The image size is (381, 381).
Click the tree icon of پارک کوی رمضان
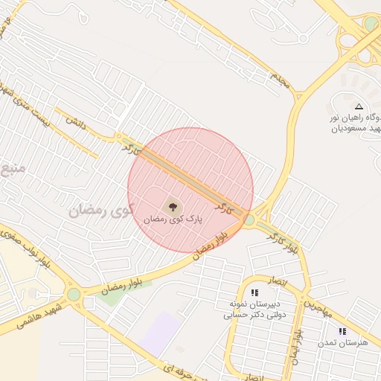click(173, 207)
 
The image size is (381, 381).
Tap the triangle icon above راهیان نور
click(359, 107)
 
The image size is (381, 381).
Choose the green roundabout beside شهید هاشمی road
click(74, 295)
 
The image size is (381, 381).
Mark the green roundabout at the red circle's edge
click(249, 220)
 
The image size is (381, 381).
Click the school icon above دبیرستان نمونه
click(255, 293)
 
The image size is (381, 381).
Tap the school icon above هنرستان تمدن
click(342, 331)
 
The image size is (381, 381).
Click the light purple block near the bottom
click(158, 334)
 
